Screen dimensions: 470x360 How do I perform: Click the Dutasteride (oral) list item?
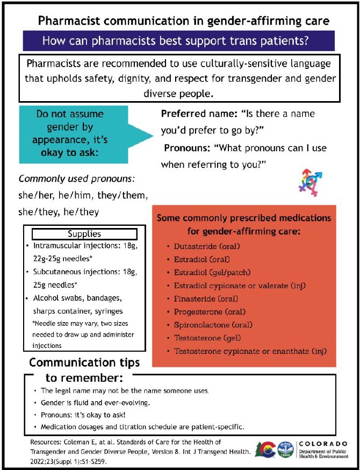[206, 246]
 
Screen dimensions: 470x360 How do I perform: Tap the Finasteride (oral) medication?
[206, 298]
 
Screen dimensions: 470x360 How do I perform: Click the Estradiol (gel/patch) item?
[212, 272]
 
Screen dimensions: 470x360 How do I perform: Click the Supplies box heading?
[84, 234]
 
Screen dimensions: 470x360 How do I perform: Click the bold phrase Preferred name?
[197, 115]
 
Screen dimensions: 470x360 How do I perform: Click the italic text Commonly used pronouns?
[76, 179]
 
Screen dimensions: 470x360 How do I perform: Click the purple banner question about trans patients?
[178, 41]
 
